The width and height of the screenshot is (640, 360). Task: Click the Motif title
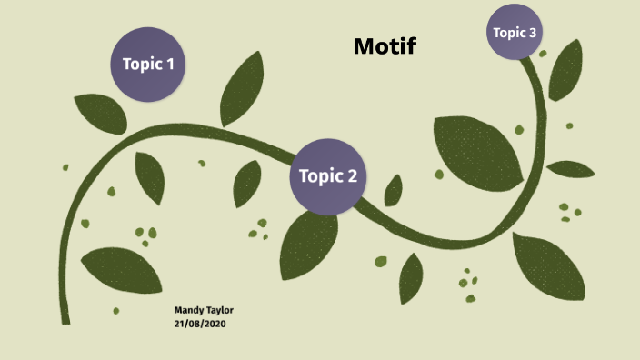[x=385, y=46]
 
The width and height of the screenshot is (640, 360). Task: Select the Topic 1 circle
[x=148, y=64]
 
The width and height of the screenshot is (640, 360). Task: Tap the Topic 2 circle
[x=328, y=176]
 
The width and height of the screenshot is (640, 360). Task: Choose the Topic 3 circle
[x=515, y=33]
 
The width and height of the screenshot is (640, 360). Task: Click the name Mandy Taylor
[x=204, y=310]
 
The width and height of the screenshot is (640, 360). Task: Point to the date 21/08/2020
[x=200, y=323]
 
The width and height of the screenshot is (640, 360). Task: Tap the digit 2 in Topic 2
[x=352, y=176]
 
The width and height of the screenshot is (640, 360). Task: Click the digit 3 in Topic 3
[x=534, y=33]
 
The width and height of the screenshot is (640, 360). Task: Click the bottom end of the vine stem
[x=65, y=318]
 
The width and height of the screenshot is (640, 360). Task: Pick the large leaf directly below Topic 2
[x=308, y=243]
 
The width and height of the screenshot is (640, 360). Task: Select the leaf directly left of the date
[x=121, y=269]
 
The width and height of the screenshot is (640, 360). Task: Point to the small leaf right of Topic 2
[x=394, y=190]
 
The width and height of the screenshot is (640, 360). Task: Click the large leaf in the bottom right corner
[x=548, y=266]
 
